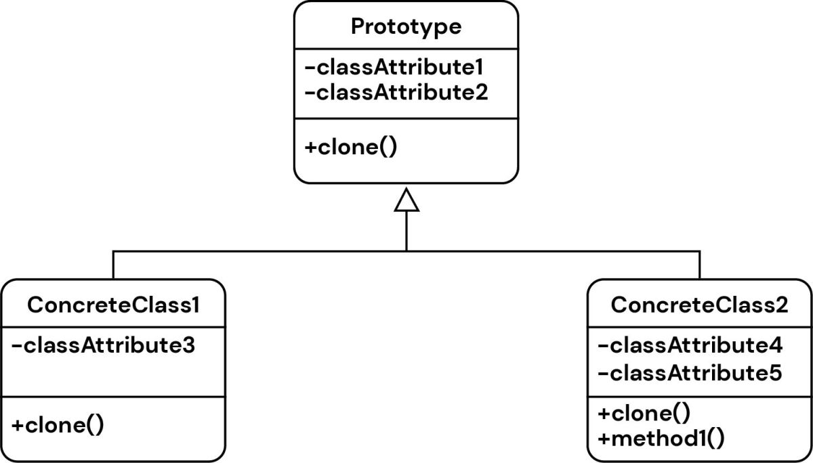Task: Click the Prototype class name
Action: [x=406, y=27]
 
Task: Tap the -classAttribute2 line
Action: [x=396, y=92]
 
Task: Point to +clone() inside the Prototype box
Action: [x=350, y=148]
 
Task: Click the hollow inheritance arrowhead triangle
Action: [x=406, y=201]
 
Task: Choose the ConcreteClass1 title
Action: [x=113, y=305]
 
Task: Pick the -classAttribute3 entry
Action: [x=104, y=346]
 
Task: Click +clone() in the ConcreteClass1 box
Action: [x=58, y=426]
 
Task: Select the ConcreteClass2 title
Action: [x=699, y=305]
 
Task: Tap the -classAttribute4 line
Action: [x=690, y=346]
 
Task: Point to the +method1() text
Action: [x=661, y=438]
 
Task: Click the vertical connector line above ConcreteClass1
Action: [x=113, y=265]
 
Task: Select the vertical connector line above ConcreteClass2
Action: [x=699, y=265]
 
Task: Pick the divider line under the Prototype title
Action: [x=406, y=49]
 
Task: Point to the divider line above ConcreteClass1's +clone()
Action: [x=113, y=397]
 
